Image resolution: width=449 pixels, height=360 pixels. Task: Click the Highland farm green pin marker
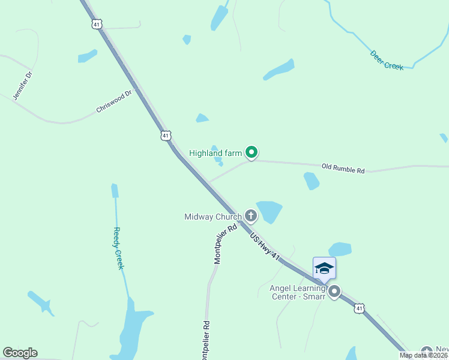[x=252, y=154]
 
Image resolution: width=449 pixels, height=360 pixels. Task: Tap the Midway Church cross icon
[x=250, y=216]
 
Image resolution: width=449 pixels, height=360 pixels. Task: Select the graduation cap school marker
[x=324, y=268]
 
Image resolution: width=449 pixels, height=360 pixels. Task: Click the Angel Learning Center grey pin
[x=334, y=292]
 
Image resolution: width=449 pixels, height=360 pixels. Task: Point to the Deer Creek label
[x=387, y=60]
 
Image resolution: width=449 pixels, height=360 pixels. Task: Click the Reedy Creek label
[x=118, y=248]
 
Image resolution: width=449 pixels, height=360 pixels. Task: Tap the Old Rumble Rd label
[x=343, y=169]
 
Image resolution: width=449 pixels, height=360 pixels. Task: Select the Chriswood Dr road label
[x=113, y=102]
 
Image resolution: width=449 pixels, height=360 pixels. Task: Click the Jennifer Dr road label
[x=22, y=86]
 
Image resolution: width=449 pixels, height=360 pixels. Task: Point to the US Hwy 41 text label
[x=265, y=247]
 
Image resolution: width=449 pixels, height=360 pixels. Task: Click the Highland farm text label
[x=215, y=153]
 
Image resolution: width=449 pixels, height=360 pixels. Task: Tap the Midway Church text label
[x=212, y=216]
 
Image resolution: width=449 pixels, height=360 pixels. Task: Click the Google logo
[x=20, y=353]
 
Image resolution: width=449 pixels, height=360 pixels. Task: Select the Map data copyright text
[x=423, y=355]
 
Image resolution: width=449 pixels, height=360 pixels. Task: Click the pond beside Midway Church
[x=269, y=211]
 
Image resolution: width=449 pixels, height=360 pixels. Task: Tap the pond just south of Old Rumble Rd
[x=311, y=180]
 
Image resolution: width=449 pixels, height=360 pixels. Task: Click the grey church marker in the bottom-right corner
[x=427, y=352]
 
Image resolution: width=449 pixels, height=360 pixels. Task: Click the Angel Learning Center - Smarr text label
[x=289, y=292]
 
